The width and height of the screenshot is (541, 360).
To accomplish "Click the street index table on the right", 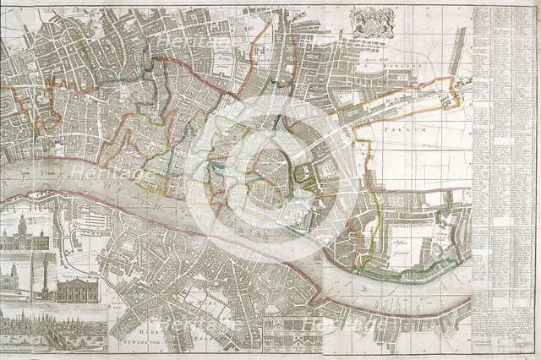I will coord(505,144).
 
